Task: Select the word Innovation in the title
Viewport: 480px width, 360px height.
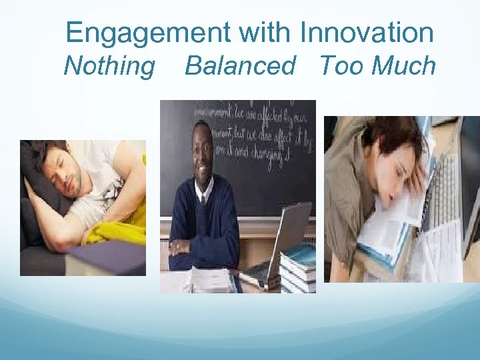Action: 367,32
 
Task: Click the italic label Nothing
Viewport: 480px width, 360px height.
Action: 109,66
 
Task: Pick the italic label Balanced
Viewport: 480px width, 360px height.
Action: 240,66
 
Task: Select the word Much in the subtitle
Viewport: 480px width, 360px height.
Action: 403,66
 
